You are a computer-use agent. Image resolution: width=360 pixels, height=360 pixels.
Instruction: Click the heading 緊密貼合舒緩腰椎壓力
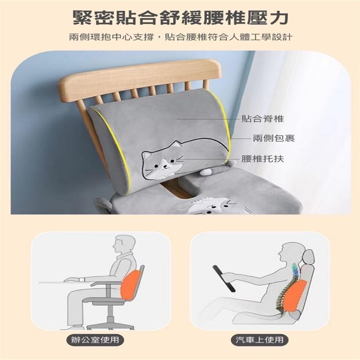click(x=181, y=18)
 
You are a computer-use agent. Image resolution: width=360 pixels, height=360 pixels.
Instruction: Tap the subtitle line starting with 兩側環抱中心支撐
click(x=181, y=37)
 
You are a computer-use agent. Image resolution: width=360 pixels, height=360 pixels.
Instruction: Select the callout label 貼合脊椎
click(x=263, y=119)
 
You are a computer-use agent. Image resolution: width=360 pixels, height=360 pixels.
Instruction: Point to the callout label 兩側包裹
click(x=274, y=138)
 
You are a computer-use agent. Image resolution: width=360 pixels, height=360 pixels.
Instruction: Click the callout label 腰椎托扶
click(x=263, y=158)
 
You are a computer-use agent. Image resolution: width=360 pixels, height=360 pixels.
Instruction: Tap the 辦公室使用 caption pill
click(x=95, y=339)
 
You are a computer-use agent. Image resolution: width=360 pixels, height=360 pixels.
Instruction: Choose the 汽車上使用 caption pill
click(x=259, y=339)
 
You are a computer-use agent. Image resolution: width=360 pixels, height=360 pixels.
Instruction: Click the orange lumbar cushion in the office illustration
click(x=133, y=285)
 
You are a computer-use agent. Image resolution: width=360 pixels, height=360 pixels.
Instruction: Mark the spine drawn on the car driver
click(x=285, y=289)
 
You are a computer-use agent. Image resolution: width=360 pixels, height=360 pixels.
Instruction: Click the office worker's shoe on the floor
click(x=74, y=327)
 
